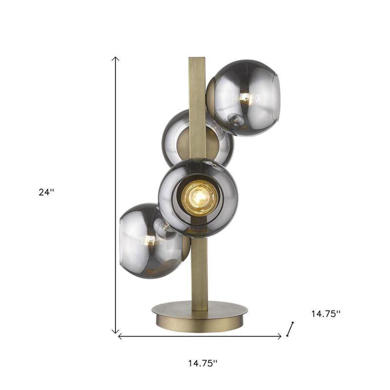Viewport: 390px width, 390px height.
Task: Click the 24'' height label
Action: click(47, 192)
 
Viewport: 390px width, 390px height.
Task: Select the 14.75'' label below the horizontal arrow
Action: click(202, 363)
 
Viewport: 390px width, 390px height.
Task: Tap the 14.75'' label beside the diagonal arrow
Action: click(326, 314)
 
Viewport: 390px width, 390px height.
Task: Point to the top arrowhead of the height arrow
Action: click(116, 58)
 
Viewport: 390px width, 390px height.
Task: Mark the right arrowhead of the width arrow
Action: click(279, 336)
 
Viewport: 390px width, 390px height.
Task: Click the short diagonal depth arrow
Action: click(291, 329)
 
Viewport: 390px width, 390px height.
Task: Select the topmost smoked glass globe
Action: click(246, 97)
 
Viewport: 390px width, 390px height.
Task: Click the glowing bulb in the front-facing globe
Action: click(199, 197)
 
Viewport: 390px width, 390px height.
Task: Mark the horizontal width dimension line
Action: click(200, 336)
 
